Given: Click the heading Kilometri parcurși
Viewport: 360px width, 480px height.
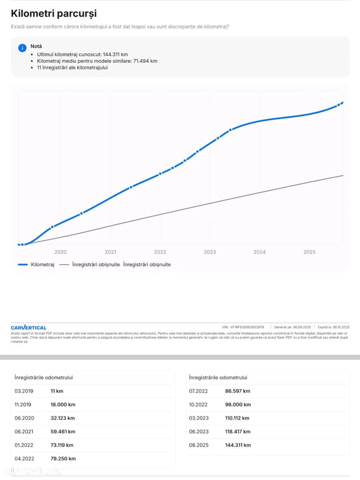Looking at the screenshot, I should tap(53, 14).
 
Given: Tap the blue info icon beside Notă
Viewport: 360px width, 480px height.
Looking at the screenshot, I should tap(22, 48).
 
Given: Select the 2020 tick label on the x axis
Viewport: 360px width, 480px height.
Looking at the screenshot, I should tap(60, 252).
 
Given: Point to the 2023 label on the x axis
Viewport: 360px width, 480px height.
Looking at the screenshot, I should tap(210, 252).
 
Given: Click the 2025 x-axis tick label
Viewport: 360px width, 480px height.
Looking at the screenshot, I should tap(310, 252).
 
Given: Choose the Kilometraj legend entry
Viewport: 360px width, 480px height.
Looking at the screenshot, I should tap(36, 264).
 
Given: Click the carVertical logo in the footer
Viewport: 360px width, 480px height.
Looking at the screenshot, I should tap(29, 327).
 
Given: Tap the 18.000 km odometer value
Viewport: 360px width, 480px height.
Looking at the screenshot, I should tap(63, 405).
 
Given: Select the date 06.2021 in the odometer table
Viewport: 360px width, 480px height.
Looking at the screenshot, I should tap(24, 432).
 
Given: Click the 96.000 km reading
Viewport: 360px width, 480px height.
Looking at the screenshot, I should tap(238, 405).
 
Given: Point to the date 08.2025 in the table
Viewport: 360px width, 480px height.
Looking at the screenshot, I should tap(199, 445).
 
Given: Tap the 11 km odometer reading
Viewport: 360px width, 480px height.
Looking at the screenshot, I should tap(57, 391).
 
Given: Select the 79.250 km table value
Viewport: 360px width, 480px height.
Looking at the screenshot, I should tap(63, 458).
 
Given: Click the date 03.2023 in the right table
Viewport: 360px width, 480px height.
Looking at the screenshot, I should tap(199, 418).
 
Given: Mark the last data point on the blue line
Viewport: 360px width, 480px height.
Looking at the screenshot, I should tap(338, 105).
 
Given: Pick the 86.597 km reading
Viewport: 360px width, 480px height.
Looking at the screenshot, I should tap(238, 391).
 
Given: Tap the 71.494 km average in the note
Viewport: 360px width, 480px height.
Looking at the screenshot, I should tap(144, 61).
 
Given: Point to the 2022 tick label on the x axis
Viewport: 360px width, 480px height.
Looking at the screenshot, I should tap(160, 252).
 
